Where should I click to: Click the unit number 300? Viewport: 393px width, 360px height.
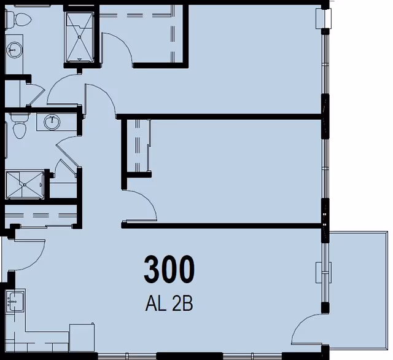[169, 270]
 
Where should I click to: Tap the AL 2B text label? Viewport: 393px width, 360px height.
[169, 303]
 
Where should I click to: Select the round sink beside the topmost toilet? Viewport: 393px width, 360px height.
[14, 49]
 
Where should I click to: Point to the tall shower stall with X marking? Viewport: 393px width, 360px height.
[80, 37]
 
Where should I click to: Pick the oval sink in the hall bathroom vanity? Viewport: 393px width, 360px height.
[52, 122]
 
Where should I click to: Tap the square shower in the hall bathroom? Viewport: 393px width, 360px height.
[25, 184]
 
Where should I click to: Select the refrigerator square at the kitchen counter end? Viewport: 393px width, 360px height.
[82, 337]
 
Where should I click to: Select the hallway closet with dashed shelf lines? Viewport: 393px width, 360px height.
[41, 215]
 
